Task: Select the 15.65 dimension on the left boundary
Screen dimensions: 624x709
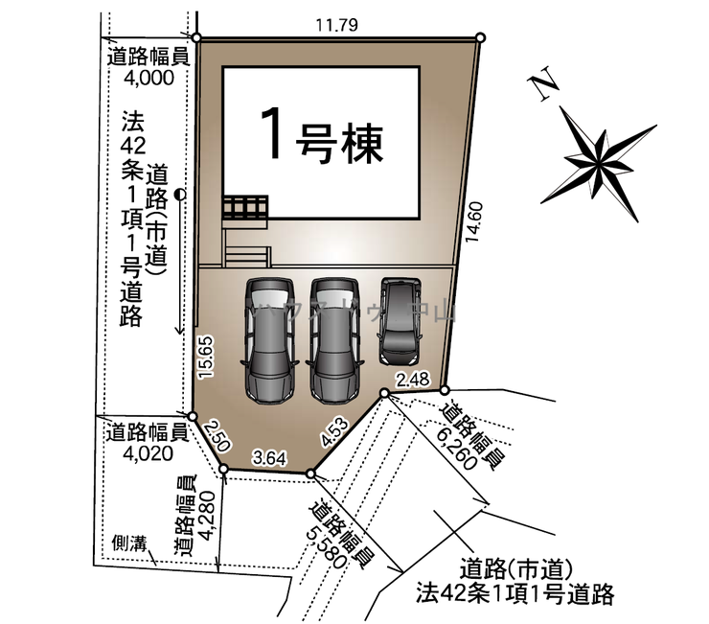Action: pos(206,357)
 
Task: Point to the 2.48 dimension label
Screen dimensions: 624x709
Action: pos(417,379)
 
